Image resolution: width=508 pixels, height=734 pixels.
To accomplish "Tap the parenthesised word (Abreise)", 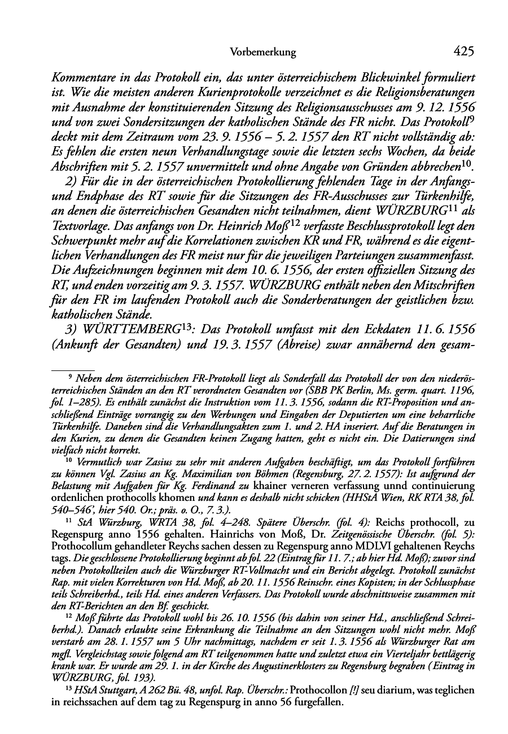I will click(277, 344).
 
